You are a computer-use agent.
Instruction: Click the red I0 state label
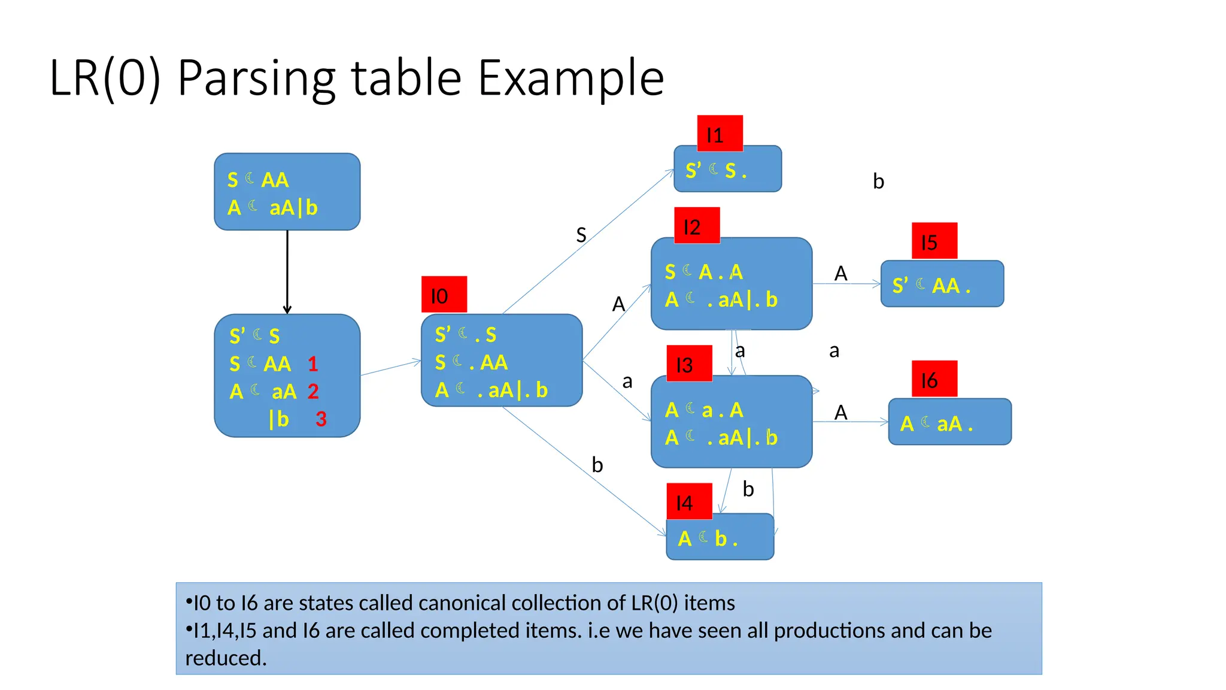tap(444, 295)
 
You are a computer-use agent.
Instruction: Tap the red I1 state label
tap(720, 134)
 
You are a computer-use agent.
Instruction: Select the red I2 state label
tap(697, 226)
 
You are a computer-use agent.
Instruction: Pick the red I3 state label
tap(690, 364)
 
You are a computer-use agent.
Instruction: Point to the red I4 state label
tap(690, 501)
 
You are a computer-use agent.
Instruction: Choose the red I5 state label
tap(934, 241)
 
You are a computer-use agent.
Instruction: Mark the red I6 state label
tap(934, 379)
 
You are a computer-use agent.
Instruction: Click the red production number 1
tap(312, 364)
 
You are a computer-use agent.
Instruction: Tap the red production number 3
tap(321, 419)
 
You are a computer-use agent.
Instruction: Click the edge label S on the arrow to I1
tap(581, 235)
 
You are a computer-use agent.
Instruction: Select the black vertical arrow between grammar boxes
tap(287, 272)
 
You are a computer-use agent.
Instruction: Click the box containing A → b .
tap(720, 538)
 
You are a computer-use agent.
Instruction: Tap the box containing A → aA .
tap(949, 423)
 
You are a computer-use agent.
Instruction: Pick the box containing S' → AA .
tap(942, 285)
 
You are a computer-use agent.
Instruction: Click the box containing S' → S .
tap(727, 170)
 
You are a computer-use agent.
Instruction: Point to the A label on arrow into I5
tap(840, 274)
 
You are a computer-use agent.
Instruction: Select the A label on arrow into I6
tap(840, 413)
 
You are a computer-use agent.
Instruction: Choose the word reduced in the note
tap(226, 658)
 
